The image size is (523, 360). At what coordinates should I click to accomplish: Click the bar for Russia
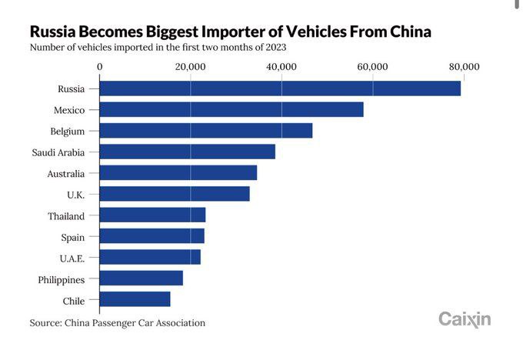click(280, 88)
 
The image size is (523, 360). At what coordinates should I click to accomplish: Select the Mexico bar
click(232, 110)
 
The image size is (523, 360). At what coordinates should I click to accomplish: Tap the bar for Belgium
click(206, 131)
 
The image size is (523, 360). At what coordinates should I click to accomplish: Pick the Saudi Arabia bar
click(188, 152)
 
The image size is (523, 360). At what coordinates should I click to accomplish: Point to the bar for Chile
click(135, 299)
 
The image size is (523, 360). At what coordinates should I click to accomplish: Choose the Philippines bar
click(142, 278)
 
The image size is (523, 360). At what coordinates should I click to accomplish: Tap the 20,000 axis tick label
click(190, 67)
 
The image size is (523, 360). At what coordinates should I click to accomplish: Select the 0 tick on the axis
click(100, 67)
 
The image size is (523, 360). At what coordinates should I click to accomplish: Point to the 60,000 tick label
click(372, 67)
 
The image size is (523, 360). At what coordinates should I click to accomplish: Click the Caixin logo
click(465, 319)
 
